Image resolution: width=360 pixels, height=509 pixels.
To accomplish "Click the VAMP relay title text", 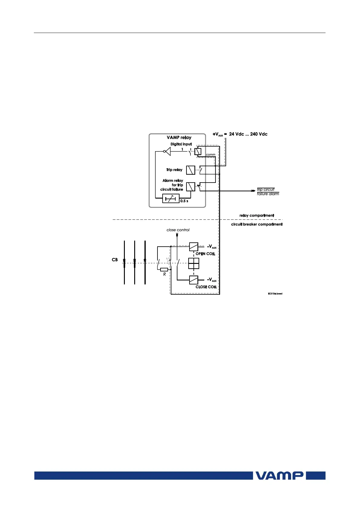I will click(179, 138).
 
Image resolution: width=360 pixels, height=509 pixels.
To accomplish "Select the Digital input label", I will click(181, 144).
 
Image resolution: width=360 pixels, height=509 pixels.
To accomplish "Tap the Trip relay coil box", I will click(191, 170).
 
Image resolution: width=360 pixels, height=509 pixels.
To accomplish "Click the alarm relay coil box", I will click(191, 187).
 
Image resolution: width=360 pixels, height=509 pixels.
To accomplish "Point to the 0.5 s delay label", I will click(184, 201).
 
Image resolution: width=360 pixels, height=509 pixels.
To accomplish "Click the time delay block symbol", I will click(171, 199).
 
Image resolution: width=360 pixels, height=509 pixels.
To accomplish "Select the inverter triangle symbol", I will click(167, 151).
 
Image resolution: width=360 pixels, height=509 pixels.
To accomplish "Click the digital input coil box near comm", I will click(198, 151).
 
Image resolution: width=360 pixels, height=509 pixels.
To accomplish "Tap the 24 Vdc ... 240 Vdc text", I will click(248, 134).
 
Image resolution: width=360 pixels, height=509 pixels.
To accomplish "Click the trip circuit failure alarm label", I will click(268, 192).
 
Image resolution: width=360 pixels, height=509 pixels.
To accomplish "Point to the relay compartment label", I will click(257, 216).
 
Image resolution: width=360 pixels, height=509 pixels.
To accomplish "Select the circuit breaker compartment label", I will click(257, 224).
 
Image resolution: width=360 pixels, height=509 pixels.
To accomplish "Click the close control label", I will click(178, 230).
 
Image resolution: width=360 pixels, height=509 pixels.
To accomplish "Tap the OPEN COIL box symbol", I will click(194, 247).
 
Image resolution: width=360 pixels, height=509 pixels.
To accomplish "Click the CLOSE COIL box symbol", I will click(194, 280).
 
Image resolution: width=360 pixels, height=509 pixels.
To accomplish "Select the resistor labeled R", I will click(164, 270).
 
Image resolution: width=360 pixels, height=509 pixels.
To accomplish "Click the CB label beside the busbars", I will click(115, 260).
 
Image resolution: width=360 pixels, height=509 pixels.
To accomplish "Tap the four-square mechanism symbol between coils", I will click(194, 263).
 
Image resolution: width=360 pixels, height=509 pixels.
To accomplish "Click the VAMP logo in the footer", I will click(280, 475).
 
